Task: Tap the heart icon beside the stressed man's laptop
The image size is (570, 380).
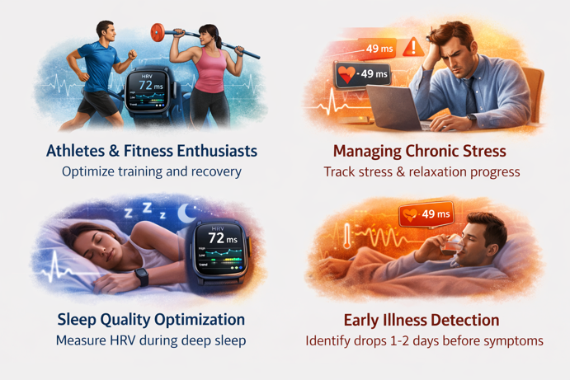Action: pos(347,75)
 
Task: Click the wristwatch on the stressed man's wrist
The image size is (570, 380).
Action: pos(473,119)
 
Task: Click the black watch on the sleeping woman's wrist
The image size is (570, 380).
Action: pos(141,278)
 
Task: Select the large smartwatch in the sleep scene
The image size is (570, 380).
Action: pos(218,251)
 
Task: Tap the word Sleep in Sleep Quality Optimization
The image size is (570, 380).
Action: pos(78,319)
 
